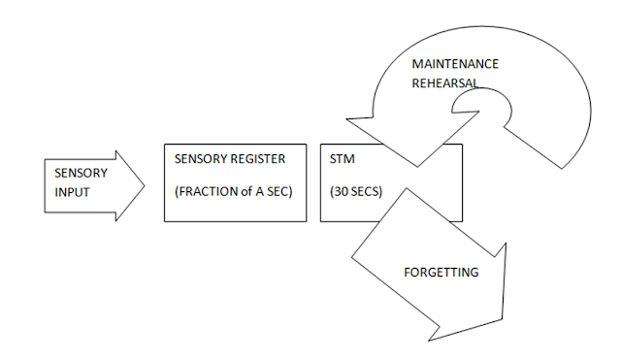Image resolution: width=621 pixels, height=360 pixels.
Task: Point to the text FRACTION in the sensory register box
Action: click(205, 190)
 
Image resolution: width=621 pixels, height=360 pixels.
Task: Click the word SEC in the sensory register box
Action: click(281, 190)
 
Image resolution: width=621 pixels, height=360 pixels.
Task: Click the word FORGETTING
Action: click(441, 273)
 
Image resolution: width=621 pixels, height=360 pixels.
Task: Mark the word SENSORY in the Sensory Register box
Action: click(197, 159)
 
